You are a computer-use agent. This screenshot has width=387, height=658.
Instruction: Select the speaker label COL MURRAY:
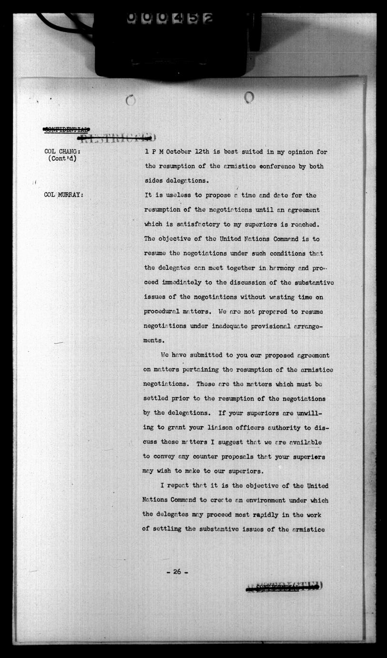point(63,195)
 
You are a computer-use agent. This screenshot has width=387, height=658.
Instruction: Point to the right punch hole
point(248,97)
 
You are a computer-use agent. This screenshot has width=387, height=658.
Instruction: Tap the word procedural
point(165,311)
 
